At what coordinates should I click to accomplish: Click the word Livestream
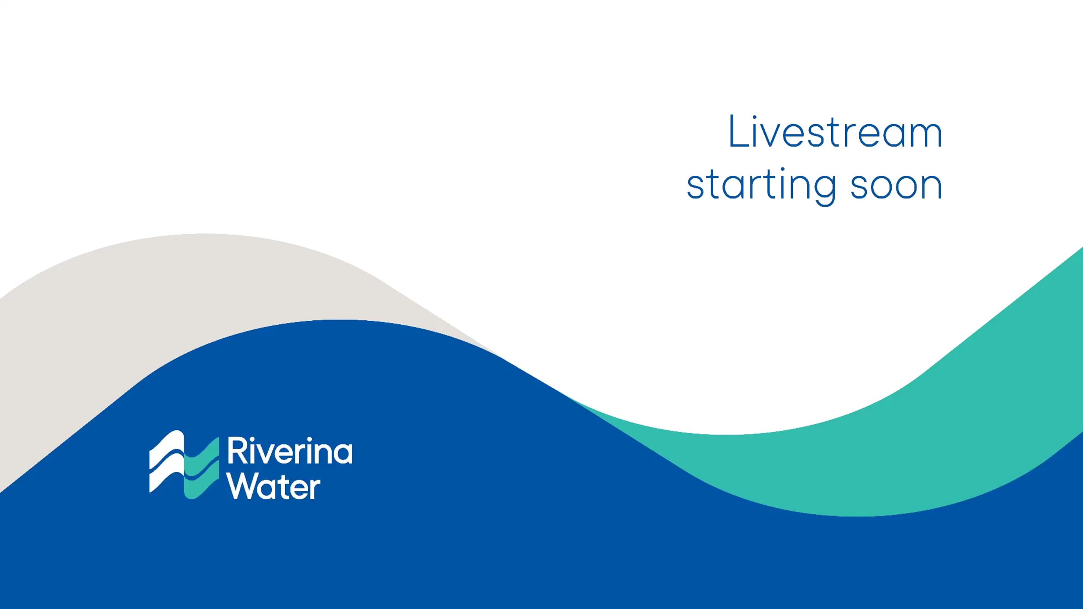pos(835,131)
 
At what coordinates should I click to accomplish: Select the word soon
pos(896,185)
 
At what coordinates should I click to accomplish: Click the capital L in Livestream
pos(738,131)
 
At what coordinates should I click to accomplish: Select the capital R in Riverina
pos(238,450)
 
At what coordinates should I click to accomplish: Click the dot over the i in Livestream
pos(754,117)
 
